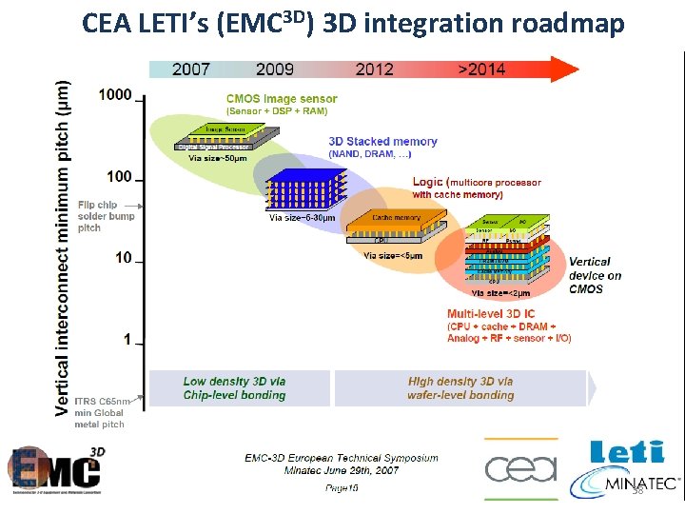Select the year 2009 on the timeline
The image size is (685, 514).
tap(275, 69)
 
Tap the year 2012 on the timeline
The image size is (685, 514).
tap(375, 69)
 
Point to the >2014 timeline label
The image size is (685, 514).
tap(482, 69)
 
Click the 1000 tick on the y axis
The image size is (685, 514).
tap(115, 94)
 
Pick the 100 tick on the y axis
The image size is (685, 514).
tap(119, 176)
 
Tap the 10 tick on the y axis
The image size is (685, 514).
tap(123, 258)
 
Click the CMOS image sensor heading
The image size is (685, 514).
tap(282, 99)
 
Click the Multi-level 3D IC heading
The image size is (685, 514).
tap(491, 313)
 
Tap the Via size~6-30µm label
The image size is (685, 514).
tap(303, 218)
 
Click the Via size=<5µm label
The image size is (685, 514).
tap(392, 255)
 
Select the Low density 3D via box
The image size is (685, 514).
tap(234, 388)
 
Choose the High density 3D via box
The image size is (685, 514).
tap(460, 388)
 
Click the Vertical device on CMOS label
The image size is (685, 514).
tap(595, 275)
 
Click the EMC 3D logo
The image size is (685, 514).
tap(57, 470)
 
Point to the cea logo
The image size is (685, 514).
tap(518, 469)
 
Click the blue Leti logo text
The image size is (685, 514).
tap(627, 453)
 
